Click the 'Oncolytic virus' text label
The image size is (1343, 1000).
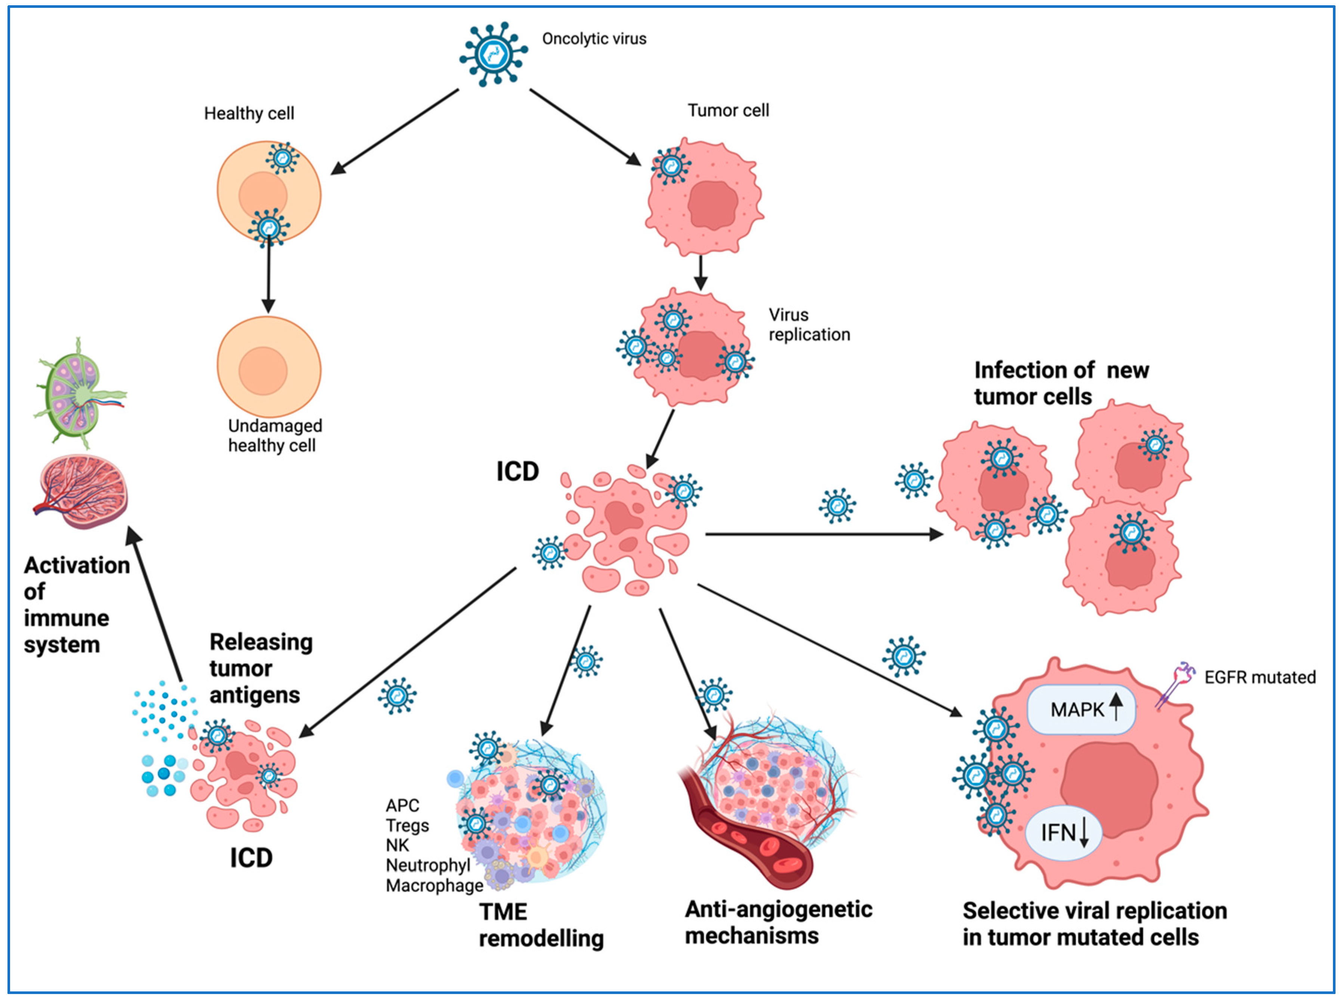594,39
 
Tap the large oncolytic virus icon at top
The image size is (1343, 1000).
493,55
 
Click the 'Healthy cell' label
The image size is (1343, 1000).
249,113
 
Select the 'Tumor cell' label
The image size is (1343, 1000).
728,110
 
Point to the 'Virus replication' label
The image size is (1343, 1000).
808,325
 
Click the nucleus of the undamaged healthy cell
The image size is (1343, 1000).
263,371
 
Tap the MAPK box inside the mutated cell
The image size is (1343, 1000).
1080,709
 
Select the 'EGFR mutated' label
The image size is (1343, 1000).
1259,677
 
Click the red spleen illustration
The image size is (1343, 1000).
82,492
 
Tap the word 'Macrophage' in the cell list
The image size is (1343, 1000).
434,886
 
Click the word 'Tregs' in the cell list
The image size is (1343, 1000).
407,825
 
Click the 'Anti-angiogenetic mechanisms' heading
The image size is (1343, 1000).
778,922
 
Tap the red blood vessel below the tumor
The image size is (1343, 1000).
745,835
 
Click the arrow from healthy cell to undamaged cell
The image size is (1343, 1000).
268,275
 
